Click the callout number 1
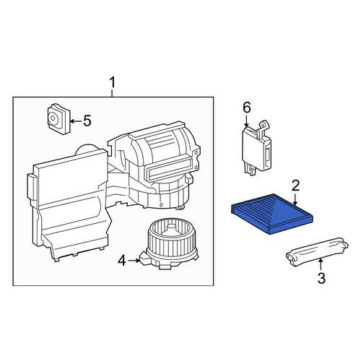(x=113, y=82)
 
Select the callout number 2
(x=295, y=186)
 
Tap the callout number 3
(x=321, y=278)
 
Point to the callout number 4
(x=122, y=261)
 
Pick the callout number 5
(x=87, y=121)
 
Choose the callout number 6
(x=247, y=108)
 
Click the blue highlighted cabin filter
(x=272, y=214)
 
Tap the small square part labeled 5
(x=58, y=119)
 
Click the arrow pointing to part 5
(x=76, y=121)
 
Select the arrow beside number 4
(x=134, y=261)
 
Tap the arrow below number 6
(x=246, y=121)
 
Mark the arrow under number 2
(x=295, y=199)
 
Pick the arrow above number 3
(x=321, y=264)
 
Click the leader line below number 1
(x=112, y=93)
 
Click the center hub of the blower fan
(x=171, y=227)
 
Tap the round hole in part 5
(x=52, y=118)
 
